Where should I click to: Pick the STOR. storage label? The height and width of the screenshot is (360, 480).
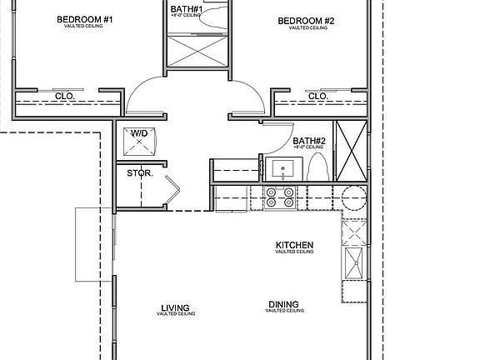click(x=137, y=173)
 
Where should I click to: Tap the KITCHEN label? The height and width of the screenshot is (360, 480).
click(x=294, y=245)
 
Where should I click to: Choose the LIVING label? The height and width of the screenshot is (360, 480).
click(x=175, y=308)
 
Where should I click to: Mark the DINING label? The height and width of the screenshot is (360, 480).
click(x=283, y=304)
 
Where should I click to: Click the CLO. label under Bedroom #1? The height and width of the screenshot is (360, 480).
click(x=66, y=96)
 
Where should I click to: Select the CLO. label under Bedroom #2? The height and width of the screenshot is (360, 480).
click(x=317, y=96)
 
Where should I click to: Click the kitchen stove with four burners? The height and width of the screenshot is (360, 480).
click(x=279, y=196)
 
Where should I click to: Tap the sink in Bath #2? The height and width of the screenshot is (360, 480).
click(x=283, y=170)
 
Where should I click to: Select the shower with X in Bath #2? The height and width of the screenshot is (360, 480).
click(x=349, y=150)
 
